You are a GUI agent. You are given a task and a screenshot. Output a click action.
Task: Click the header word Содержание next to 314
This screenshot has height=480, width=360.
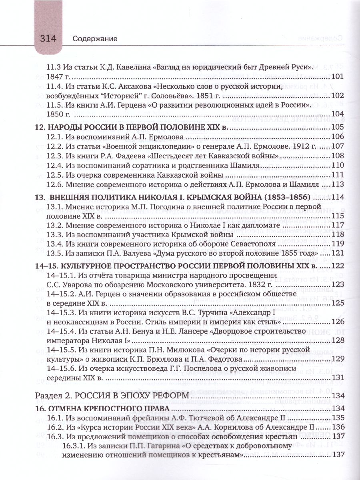(95, 39)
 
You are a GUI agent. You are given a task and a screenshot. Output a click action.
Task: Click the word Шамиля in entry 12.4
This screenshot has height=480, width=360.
(248, 165)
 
